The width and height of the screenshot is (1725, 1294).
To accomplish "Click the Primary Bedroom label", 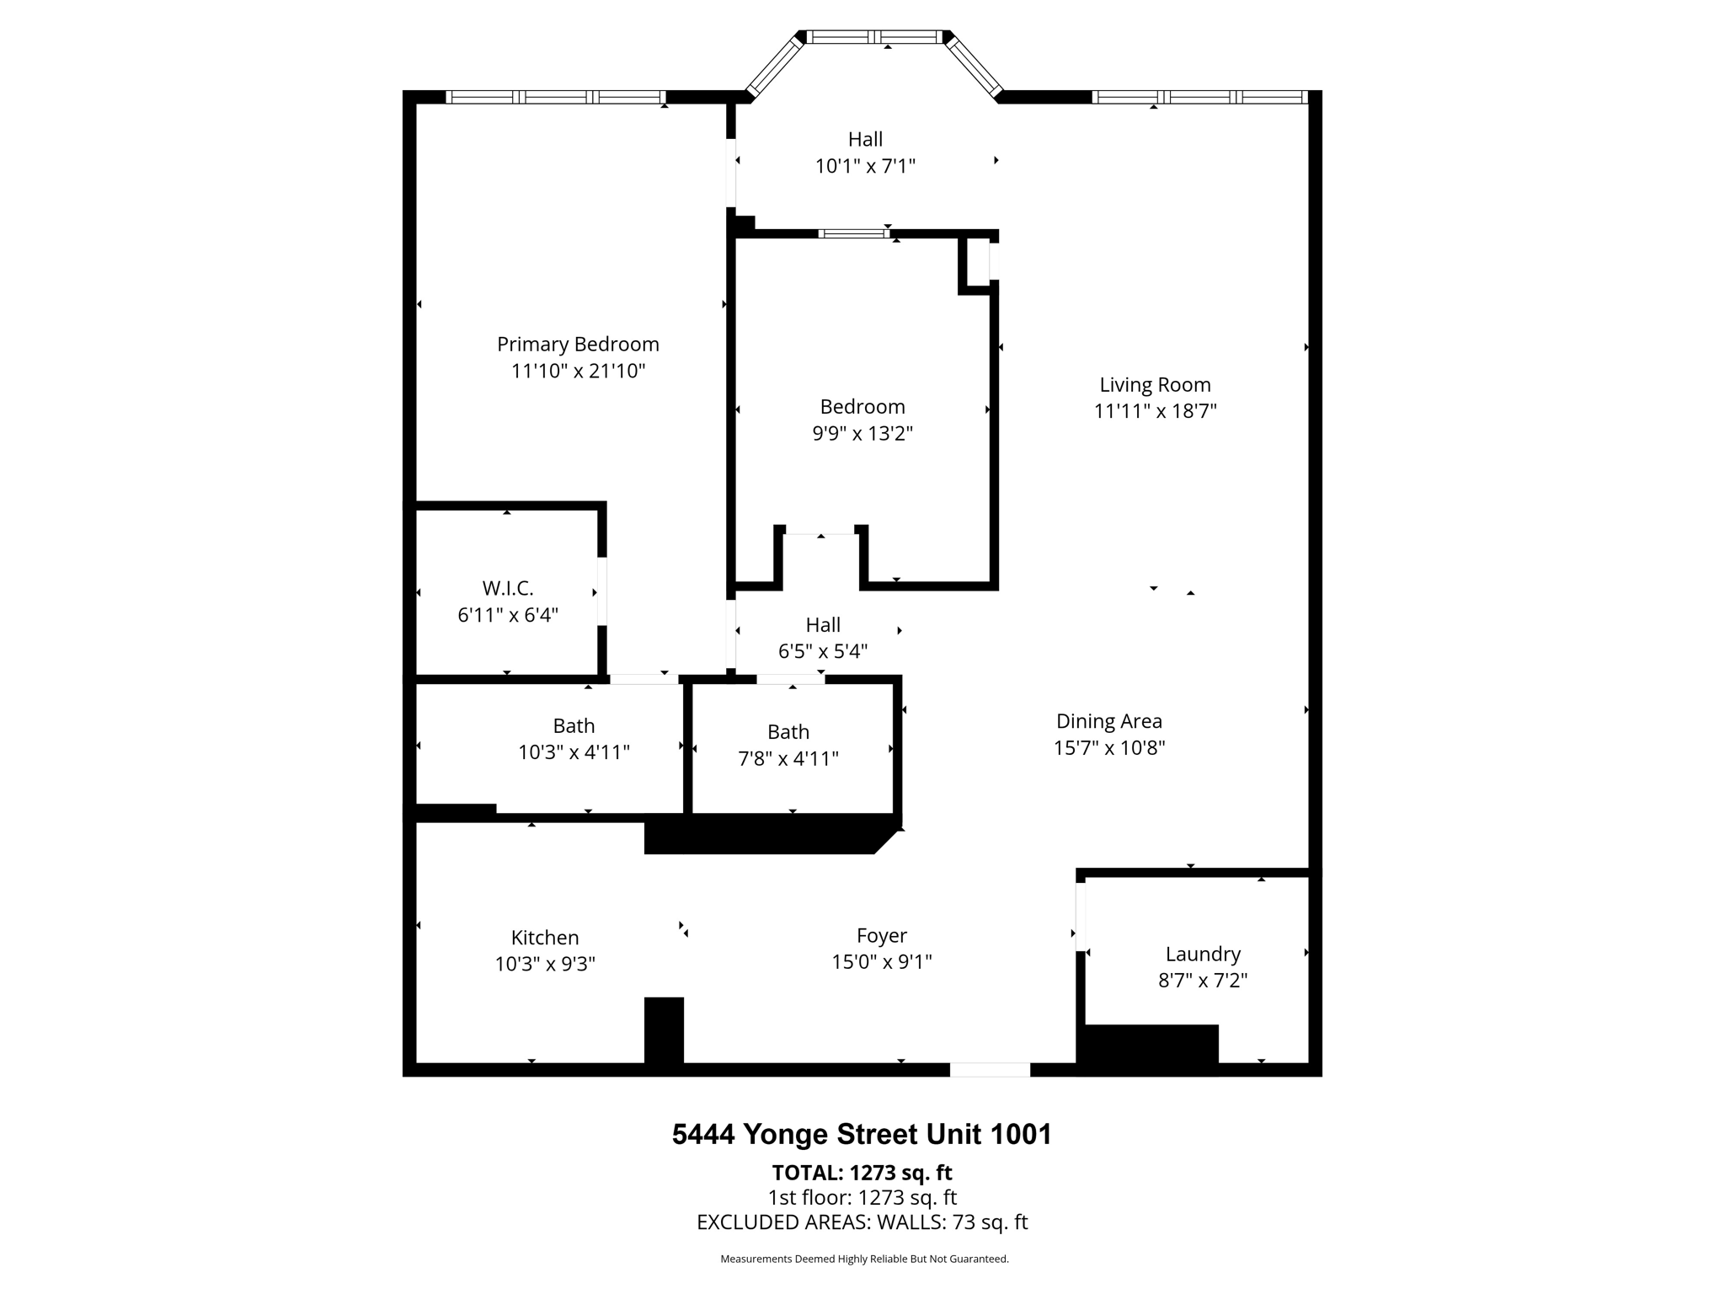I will click(x=578, y=344).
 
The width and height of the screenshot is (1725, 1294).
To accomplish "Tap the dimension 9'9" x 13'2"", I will click(x=862, y=434).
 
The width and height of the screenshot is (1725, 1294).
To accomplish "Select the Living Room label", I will click(x=1155, y=384).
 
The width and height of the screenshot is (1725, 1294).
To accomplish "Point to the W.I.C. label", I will click(x=508, y=588).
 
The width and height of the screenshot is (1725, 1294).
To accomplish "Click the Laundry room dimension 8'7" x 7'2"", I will click(x=1203, y=981).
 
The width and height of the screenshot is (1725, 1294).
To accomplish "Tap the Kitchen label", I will click(x=545, y=938).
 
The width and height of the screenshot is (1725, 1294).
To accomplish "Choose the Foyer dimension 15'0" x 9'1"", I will click(x=882, y=962).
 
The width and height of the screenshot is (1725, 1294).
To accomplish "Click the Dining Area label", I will click(x=1108, y=721).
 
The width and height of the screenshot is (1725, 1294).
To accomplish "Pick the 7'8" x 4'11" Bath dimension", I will click(x=788, y=759).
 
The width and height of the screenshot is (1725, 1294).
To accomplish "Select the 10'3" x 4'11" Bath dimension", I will click(x=574, y=752).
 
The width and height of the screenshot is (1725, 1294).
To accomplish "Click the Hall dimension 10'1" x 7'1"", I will click(x=865, y=166).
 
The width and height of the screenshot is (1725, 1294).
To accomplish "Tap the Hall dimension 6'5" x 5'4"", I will click(x=823, y=651).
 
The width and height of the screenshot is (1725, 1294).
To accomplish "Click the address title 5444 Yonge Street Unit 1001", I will click(x=862, y=1135).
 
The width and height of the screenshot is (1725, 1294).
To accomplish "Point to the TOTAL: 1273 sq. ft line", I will click(x=862, y=1173).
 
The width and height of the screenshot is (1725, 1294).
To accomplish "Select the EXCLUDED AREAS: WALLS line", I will click(x=862, y=1222).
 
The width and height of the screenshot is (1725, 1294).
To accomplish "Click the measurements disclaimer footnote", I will click(x=864, y=1259).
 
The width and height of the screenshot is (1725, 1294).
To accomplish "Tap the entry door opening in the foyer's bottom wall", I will click(x=990, y=1070).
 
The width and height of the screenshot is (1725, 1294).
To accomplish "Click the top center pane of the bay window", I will click(x=873, y=37).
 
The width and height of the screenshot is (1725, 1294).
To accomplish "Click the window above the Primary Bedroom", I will click(x=556, y=97).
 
